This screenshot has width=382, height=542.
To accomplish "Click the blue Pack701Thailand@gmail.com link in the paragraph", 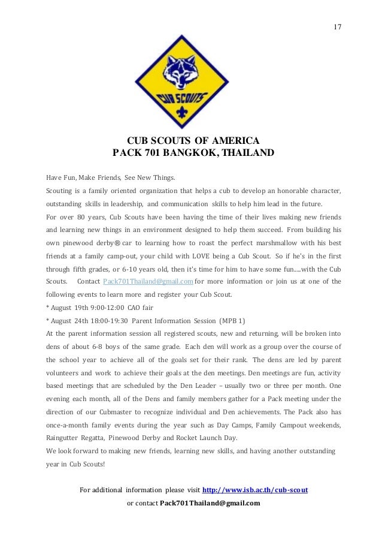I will (x=147, y=282).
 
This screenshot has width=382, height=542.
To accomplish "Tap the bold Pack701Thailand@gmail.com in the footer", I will (x=210, y=502).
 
